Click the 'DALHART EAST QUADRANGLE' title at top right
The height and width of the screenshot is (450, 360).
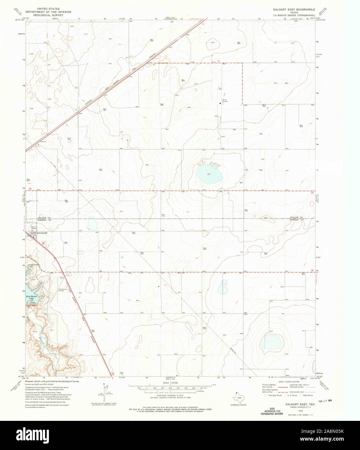294,10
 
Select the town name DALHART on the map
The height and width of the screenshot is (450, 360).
42,233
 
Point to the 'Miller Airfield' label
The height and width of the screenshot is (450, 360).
225,100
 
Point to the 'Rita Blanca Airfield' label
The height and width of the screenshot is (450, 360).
64,290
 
